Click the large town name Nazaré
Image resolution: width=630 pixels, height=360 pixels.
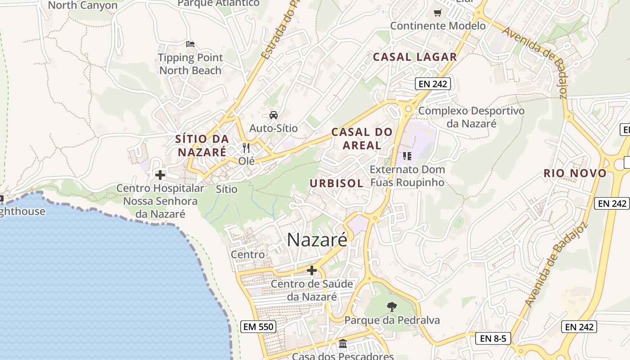click(x=317, y=239)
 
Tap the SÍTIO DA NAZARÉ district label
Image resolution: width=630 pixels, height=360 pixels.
click(x=202, y=145)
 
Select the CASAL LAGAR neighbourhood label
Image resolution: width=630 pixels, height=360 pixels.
click(x=415, y=57)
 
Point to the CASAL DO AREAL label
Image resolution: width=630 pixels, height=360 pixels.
click(x=362, y=139)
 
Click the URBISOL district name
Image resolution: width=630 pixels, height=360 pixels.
click(x=337, y=183)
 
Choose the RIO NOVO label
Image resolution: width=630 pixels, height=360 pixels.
click(x=575, y=173)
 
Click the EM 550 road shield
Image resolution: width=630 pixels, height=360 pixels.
click(x=258, y=327)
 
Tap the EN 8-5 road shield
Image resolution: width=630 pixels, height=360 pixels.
click(x=493, y=338)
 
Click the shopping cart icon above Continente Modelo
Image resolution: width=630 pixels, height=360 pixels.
click(x=437, y=13)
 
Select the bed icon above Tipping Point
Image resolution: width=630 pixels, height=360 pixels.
click(x=190, y=44)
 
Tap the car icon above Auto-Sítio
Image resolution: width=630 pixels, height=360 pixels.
click(x=274, y=115)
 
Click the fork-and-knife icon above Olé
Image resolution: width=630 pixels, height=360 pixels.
click(x=246, y=148)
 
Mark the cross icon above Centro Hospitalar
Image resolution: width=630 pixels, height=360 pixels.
click(x=160, y=175)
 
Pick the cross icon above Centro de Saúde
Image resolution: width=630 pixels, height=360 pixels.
click(x=311, y=270)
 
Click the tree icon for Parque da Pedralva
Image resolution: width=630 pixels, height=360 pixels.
click(x=392, y=307)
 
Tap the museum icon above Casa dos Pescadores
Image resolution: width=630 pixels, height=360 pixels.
click(x=343, y=344)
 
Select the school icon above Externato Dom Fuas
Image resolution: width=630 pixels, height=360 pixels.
click(x=407, y=156)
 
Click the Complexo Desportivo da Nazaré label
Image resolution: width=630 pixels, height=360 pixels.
click(x=471, y=117)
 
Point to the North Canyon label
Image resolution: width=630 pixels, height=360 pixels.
click(x=82, y=5)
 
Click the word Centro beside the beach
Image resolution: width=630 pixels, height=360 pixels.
click(x=247, y=255)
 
